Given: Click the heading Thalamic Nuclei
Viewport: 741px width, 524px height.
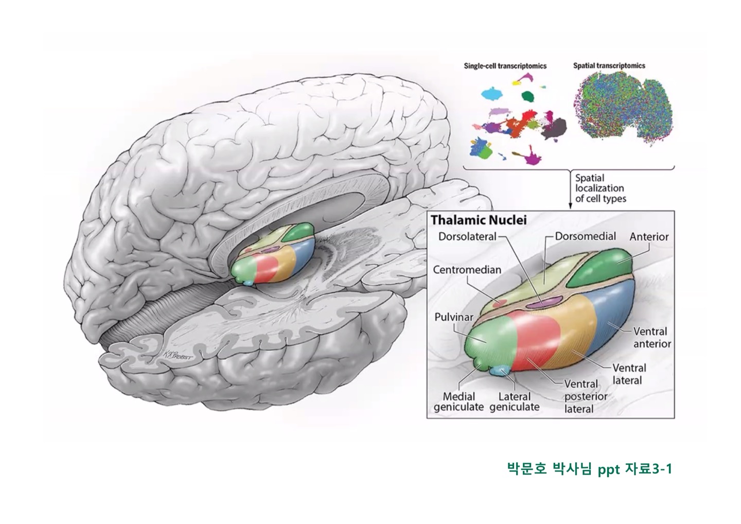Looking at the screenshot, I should click(x=479, y=220).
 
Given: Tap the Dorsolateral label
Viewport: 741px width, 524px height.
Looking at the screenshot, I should click(x=467, y=237).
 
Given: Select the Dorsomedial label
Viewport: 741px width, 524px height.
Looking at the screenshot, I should click(x=586, y=236).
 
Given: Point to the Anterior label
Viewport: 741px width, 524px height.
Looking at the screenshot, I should click(x=649, y=237).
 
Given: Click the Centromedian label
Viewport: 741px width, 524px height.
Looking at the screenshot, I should click(x=467, y=269).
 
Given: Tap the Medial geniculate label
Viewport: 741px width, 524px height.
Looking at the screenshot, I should click(x=458, y=401).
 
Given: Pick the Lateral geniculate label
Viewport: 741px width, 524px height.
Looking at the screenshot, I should click(x=515, y=401).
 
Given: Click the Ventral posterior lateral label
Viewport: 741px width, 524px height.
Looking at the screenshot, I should click(x=586, y=396).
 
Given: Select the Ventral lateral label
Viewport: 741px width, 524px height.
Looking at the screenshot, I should click(x=629, y=374).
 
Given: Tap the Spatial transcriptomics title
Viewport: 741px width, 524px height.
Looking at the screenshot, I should click(x=609, y=66).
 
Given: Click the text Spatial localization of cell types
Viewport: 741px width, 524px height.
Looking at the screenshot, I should click(x=600, y=188).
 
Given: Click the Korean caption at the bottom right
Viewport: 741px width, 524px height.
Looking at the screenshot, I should click(x=590, y=469).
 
